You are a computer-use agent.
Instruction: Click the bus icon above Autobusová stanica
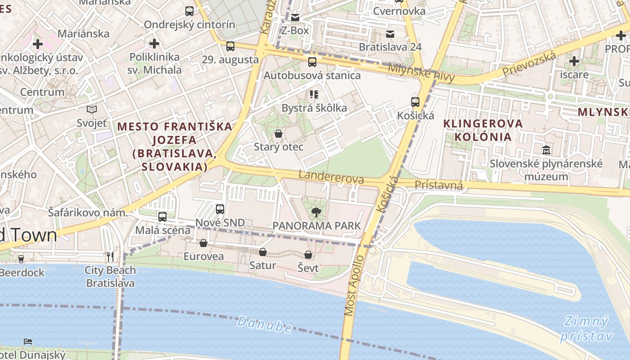(x=312, y=62)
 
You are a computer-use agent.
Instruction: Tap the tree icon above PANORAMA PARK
(x=316, y=212)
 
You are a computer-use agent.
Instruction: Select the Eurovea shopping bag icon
(x=203, y=243)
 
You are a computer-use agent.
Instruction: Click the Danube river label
(x=265, y=324)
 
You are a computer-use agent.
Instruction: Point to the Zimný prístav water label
(x=586, y=328)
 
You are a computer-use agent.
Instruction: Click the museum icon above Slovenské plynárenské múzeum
(x=546, y=150)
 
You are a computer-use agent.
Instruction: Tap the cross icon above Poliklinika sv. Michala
(x=154, y=44)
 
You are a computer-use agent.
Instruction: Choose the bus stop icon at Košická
(x=415, y=102)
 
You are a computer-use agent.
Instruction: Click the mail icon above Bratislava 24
(x=390, y=34)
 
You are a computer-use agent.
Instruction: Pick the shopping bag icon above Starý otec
(x=279, y=134)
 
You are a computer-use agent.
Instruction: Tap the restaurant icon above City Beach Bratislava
(x=110, y=257)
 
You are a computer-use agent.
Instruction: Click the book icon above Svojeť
(x=92, y=109)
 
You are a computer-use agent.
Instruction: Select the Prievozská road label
(x=529, y=63)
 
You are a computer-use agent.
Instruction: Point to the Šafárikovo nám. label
(x=88, y=212)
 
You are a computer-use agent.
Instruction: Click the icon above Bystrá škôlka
(x=314, y=94)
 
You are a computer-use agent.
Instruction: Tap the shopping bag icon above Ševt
(x=308, y=255)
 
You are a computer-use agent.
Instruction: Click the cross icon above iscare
(x=574, y=61)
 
